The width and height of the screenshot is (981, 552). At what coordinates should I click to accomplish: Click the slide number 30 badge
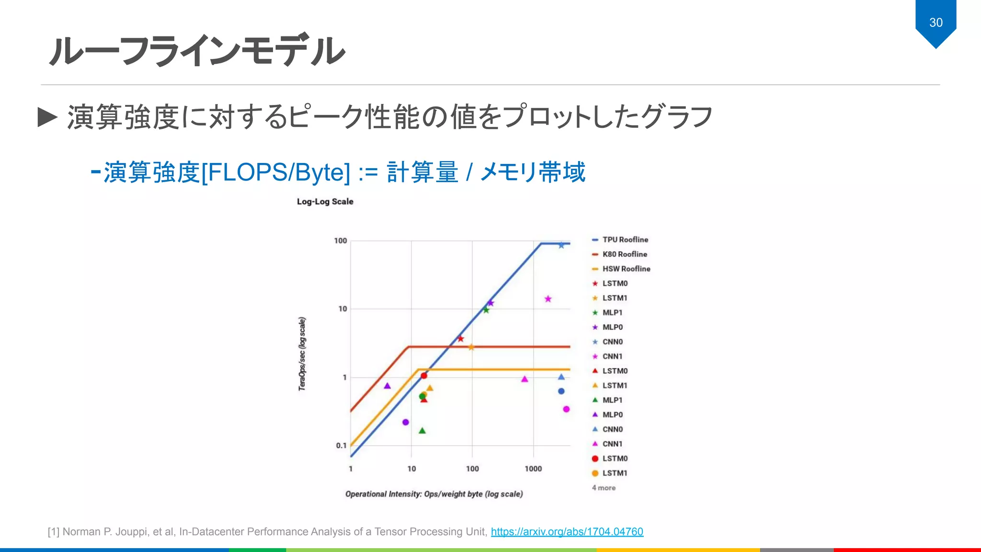pyautogui.click(x=935, y=23)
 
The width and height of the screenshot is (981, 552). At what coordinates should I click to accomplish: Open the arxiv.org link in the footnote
pyautogui.click(x=567, y=531)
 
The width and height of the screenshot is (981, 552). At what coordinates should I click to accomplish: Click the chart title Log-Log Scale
pyautogui.click(x=325, y=202)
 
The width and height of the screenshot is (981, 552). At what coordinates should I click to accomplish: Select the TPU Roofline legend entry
pyautogui.click(x=625, y=240)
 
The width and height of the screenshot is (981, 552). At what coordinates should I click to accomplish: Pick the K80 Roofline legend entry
pyautogui.click(x=624, y=254)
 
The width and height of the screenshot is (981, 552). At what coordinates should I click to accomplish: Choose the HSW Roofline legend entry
pyautogui.click(x=626, y=269)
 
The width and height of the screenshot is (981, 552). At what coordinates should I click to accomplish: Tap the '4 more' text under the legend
pyautogui.click(x=604, y=488)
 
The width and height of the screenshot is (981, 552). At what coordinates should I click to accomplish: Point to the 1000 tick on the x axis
pyautogui.click(x=533, y=469)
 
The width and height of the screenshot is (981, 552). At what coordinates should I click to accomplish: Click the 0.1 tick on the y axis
pyautogui.click(x=341, y=446)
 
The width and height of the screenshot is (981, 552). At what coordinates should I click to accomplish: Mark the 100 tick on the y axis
pyautogui.click(x=341, y=241)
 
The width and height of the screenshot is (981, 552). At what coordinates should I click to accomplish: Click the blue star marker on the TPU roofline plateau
pyautogui.click(x=561, y=245)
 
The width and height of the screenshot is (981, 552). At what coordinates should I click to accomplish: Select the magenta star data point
pyautogui.click(x=548, y=299)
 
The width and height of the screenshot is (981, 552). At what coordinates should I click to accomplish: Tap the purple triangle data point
pyautogui.click(x=388, y=386)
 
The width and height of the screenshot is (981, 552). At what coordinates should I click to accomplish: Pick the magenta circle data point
pyautogui.click(x=566, y=409)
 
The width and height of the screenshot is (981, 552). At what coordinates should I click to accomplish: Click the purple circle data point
pyautogui.click(x=406, y=422)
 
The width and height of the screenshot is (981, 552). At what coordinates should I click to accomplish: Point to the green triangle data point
pyautogui.click(x=422, y=431)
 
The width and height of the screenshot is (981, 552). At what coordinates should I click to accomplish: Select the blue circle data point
pyautogui.click(x=561, y=391)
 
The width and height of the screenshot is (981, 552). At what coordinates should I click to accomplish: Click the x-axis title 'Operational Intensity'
pyautogui.click(x=434, y=494)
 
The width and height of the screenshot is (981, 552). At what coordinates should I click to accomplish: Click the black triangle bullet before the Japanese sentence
pyautogui.click(x=47, y=117)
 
